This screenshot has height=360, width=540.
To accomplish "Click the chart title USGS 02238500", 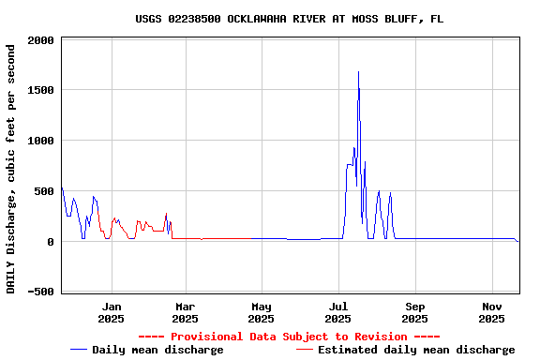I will click(289, 19).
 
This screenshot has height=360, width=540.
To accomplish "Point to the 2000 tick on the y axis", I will click(41, 40).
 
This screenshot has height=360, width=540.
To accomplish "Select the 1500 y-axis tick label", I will click(41, 91).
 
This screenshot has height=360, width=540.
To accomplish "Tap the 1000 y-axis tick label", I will click(41, 142).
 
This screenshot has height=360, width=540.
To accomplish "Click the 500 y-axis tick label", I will click(44, 191).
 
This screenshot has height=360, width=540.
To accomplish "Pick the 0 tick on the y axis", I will click(51, 242).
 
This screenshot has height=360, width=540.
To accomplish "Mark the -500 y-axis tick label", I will click(41, 292).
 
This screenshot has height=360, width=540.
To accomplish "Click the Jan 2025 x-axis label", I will click(112, 312).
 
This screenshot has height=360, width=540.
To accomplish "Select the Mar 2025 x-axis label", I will click(186, 312).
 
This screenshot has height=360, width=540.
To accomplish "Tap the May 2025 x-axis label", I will click(262, 312).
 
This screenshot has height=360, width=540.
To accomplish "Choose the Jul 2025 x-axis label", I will click(338, 312).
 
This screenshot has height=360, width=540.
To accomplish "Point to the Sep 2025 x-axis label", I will click(416, 312).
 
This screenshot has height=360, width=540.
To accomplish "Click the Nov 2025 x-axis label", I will click(492, 312).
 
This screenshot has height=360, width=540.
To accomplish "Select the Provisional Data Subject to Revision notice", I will click(289, 337).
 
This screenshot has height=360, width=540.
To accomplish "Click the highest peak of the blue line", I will click(358, 71).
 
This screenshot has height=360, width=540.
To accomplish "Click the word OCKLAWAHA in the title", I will click(256, 19).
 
